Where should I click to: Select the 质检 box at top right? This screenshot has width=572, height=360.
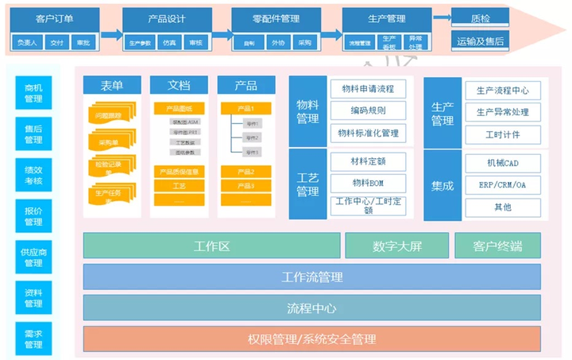(x=480, y=17)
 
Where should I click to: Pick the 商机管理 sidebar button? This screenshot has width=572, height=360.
(x=33, y=93)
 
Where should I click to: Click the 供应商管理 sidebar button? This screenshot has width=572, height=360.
(x=33, y=256)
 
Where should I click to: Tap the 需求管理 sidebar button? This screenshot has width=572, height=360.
(x=33, y=338)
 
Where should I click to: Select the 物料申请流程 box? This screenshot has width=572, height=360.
(x=367, y=89)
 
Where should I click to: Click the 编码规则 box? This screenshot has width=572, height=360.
(x=367, y=110)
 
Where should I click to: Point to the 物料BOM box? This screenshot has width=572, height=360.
(x=367, y=184)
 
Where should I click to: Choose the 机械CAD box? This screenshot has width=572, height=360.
(x=502, y=163)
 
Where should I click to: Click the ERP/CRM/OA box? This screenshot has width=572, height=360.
(x=502, y=185)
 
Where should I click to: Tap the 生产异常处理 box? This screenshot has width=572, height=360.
(x=502, y=112)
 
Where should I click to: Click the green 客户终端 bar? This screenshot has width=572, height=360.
(x=497, y=246)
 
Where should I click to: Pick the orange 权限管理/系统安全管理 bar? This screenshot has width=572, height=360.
(x=311, y=339)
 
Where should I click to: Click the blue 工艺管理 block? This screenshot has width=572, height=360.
(x=307, y=184)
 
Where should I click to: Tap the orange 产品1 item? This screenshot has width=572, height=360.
(x=246, y=108)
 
